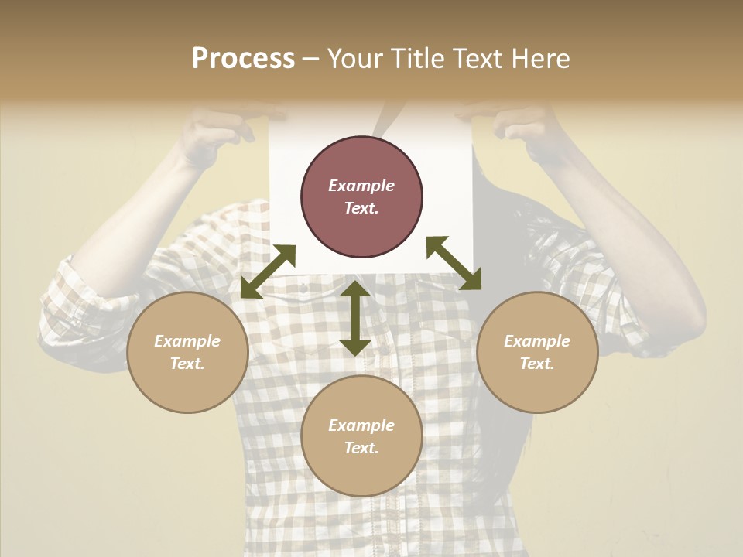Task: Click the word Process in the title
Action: (243, 59)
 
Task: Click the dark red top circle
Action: (361, 196)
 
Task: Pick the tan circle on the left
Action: (187, 352)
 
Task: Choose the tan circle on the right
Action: (537, 352)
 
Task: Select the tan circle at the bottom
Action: (361, 436)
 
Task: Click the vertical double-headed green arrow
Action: (355, 318)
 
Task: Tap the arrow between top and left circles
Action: (269, 272)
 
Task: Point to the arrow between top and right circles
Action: (454, 263)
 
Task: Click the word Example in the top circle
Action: (361, 186)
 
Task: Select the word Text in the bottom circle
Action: (360, 448)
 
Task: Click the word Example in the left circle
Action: (187, 341)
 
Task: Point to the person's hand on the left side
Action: (217, 128)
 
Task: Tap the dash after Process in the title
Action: (311, 59)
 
